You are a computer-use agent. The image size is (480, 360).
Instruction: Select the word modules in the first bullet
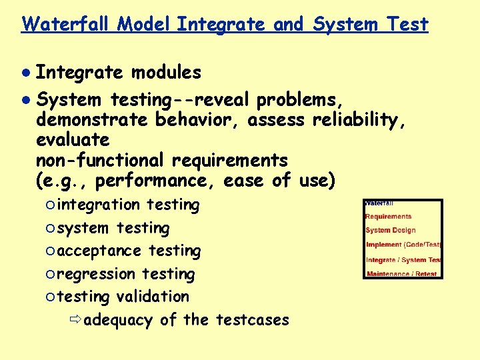[166, 72]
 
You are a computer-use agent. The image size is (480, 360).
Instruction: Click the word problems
[301, 100]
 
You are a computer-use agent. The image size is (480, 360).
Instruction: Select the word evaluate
[73, 140]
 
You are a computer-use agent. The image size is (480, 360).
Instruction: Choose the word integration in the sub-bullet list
[98, 205]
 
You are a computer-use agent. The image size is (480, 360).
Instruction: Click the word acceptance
[99, 251]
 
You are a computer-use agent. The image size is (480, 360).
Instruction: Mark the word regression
[96, 274]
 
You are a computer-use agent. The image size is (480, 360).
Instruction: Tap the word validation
[153, 297]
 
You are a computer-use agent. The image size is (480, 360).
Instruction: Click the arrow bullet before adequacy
[75, 320]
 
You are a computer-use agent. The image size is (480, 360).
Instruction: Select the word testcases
[253, 320]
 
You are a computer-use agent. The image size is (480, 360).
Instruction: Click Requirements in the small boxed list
[389, 217]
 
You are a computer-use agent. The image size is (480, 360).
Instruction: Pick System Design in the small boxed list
[391, 231]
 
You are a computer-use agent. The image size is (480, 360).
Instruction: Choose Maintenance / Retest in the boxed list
[401, 274]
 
